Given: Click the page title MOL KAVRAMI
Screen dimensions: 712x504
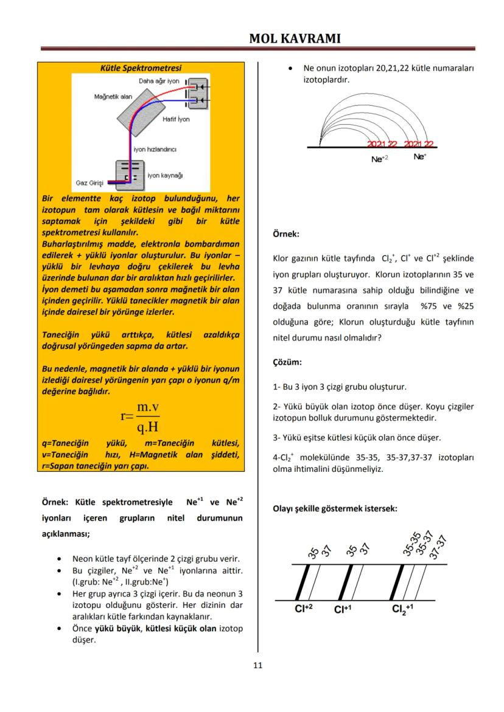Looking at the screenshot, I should [x=295, y=39].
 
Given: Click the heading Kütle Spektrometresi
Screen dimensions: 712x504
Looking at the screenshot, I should [x=141, y=68].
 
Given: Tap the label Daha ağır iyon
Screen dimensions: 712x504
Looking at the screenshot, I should [x=159, y=80].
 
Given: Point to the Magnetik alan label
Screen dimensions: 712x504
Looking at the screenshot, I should [x=113, y=97].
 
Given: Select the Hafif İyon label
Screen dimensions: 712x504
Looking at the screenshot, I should [x=176, y=119].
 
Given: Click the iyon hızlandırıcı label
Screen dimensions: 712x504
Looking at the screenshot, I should [x=155, y=149].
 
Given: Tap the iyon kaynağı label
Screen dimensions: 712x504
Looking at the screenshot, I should [x=165, y=175].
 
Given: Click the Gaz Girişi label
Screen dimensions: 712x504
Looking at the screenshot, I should [x=89, y=182].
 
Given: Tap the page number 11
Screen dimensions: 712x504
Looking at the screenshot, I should [x=257, y=665].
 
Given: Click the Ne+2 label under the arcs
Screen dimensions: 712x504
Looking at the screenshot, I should [x=379, y=159].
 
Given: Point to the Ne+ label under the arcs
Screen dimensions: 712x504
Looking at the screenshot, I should [x=419, y=157].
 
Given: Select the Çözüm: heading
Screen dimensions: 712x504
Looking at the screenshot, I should [x=287, y=362].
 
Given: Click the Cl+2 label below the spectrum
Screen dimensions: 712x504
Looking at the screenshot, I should [x=303, y=609].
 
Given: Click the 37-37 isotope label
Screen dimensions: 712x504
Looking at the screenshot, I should [x=438, y=547].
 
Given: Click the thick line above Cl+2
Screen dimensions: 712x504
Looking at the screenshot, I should [x=303, y=582].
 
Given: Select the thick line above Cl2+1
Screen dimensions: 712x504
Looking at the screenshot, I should [x=401, y=582].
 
